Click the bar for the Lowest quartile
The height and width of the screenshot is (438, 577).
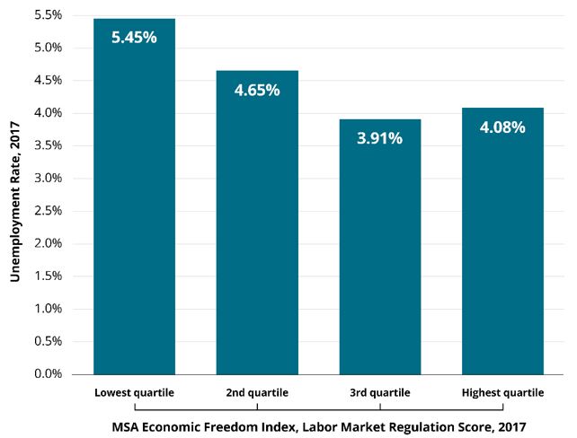click(135, 206)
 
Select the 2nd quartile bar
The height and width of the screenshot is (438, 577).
click(257, 233)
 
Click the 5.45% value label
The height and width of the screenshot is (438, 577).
click(134, 39)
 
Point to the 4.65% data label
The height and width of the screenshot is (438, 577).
click(257, 90)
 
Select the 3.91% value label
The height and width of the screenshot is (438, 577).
click(379, 138)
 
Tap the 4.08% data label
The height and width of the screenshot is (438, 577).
click(502, 127)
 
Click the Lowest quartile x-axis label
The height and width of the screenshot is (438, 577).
click(134, 393)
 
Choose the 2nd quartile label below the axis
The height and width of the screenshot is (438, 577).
click(257, 393)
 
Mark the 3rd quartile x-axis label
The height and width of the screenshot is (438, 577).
click(379, 393)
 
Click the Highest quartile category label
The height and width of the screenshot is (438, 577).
click(502, 393)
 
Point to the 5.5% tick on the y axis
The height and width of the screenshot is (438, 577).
click(48, 15)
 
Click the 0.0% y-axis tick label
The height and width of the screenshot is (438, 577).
click(48, 374)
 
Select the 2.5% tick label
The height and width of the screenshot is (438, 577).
click(48, 211)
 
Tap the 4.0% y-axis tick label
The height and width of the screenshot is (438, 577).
click(48, 113)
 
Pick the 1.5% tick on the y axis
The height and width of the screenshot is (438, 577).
click(48, 276)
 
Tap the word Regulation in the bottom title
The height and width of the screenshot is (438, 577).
click(413, 425)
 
